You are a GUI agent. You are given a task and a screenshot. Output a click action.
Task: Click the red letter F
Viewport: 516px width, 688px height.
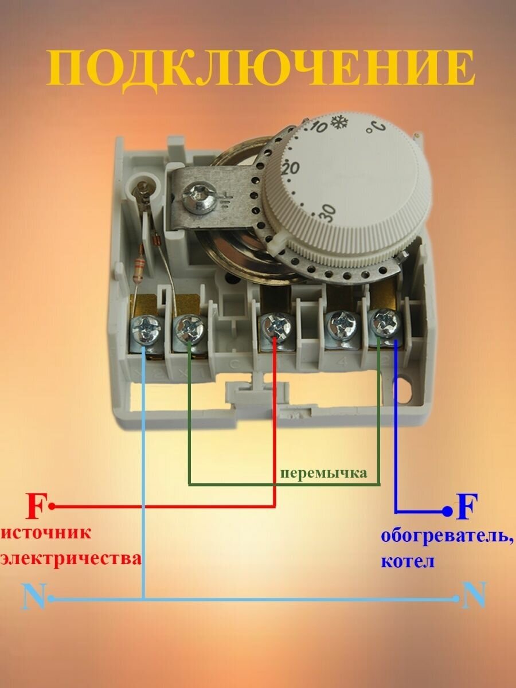pyautogui.click(x=35, y=506)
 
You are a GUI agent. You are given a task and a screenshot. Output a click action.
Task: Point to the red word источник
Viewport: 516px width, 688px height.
pyautogui.click(x=46, y=533)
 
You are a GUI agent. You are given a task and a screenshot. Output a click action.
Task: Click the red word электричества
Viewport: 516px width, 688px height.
pyautogui.click(x=71, y=559)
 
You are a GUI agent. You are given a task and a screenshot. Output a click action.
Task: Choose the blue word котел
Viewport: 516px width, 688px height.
pyautogui.click(x=408, y=561)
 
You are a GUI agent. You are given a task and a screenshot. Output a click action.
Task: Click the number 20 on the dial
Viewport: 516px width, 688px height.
pyautogui.click(x=291, y=169)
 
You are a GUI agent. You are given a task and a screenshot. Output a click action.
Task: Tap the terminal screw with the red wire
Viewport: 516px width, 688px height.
pyautogui.click(x=275, y=327)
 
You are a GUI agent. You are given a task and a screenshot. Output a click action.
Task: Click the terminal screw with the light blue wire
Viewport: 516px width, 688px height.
pyautogui.click(x=147, y=330)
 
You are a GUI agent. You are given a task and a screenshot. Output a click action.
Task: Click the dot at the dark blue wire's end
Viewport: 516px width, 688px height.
pyautogui.click(x=448, y=511)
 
